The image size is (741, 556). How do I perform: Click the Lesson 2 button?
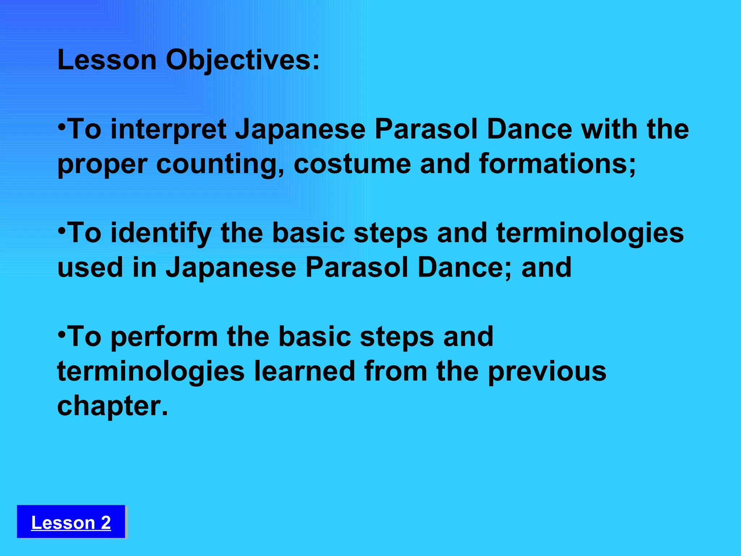pos(71,522)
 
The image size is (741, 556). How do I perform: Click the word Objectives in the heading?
pos(242,60)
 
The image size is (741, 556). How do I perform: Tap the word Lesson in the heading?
pos(107,60)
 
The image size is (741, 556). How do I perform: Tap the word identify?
pos(161,233)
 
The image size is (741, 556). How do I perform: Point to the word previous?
pos(547,372)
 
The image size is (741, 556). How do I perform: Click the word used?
pos(90,268)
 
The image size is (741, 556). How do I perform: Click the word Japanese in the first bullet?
pos(300,130)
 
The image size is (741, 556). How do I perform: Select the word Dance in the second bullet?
pos(464,268)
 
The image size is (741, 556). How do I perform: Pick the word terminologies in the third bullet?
pos(151,372)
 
